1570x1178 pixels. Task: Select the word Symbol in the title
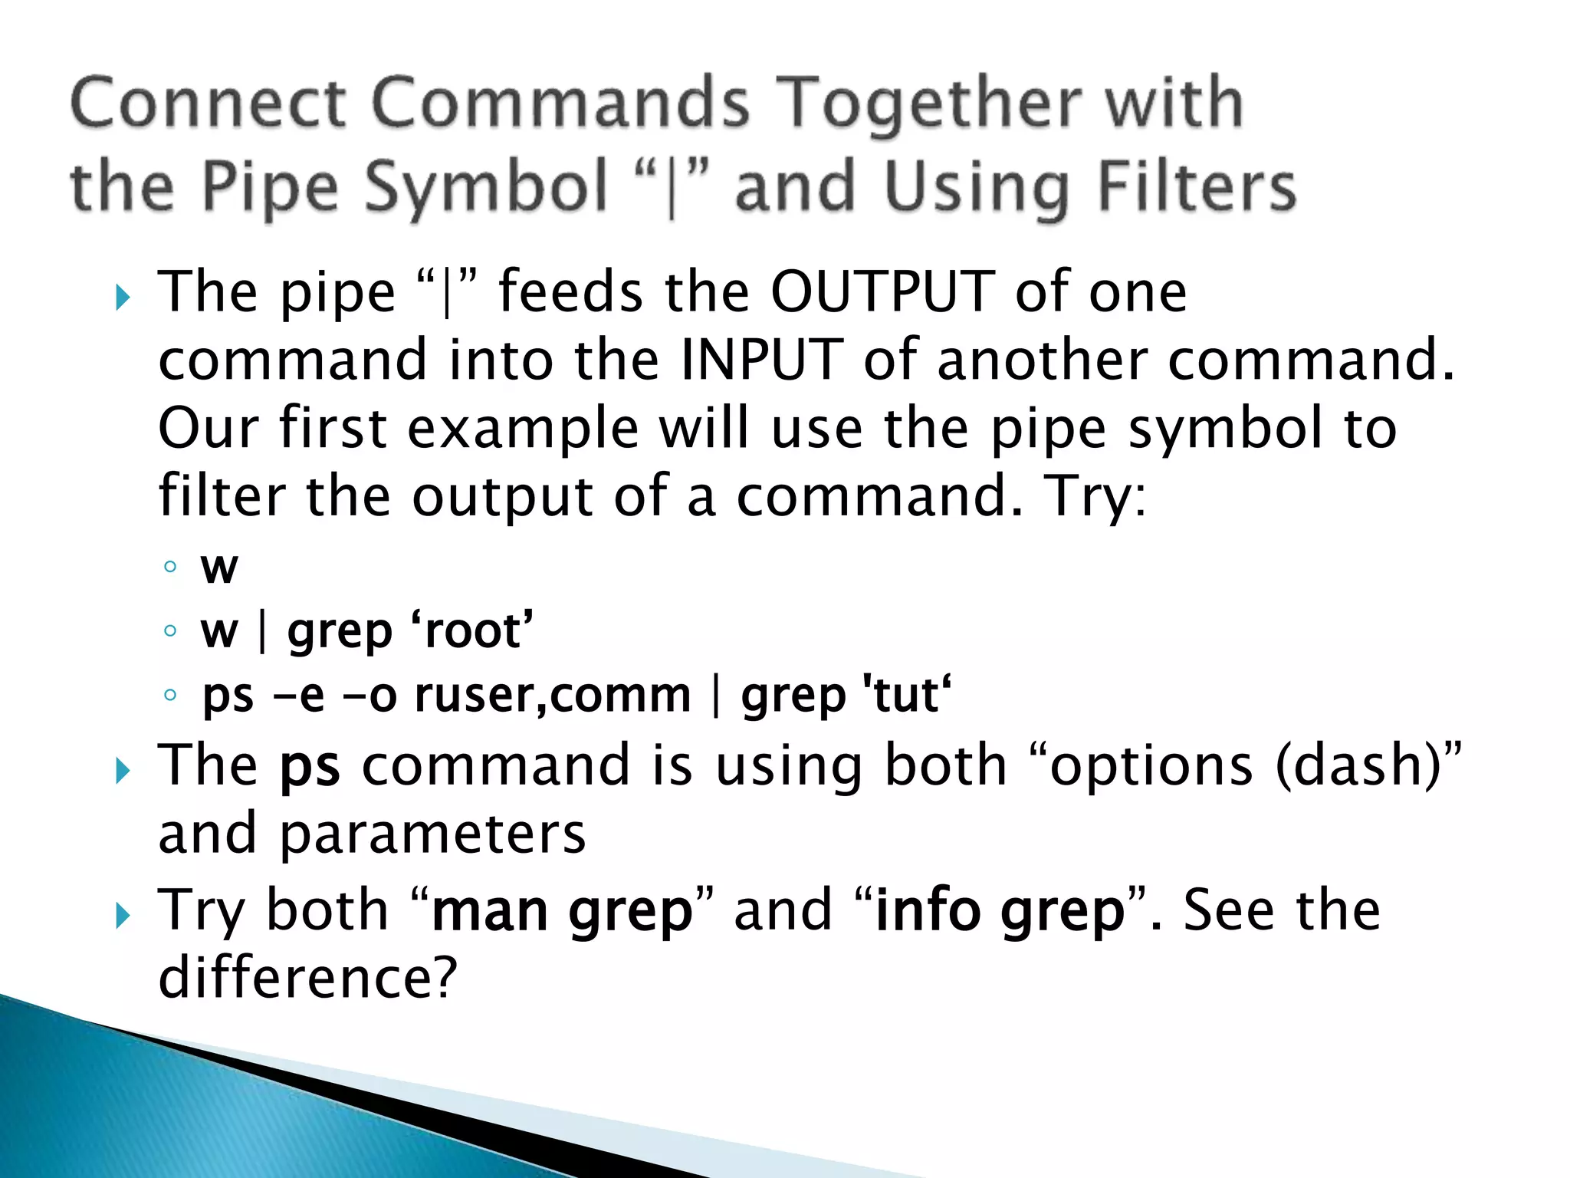click(485, 189)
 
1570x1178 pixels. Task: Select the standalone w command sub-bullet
click(219, 568)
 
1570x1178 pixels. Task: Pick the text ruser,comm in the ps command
click(553, 696)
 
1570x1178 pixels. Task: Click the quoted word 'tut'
click(907, 696)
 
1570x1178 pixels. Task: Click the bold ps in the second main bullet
click(310, 767)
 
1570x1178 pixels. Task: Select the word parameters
click(432, 834)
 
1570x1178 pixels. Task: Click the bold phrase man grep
click(562, 911)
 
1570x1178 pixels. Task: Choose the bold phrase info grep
click(999, 911)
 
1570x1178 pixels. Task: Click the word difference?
click(307, 978)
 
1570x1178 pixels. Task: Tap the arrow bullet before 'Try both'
click(123, 916)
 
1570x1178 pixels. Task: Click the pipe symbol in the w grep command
click(263, 632)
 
